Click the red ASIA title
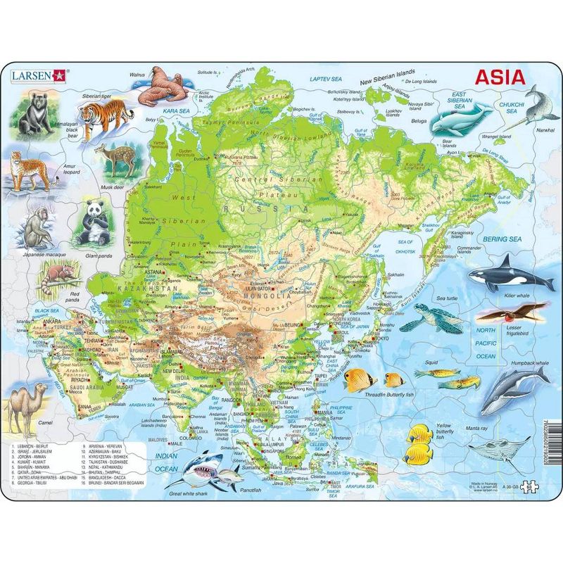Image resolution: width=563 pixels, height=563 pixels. (x=502, y=76)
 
